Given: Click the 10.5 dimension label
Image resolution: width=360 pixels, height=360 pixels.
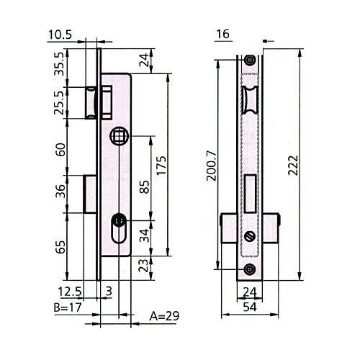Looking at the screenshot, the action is tap(60, 35).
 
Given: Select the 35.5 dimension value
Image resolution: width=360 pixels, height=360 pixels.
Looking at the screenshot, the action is tap(60, 64).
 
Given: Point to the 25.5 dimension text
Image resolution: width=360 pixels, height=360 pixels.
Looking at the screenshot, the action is tap(60, 102).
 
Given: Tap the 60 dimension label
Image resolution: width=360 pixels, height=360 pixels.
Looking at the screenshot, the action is tap(60, 150).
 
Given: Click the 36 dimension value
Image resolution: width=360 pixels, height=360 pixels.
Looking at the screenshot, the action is tap(60, 191).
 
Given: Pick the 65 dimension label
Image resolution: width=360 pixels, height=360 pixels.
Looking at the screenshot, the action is tap(60, 247).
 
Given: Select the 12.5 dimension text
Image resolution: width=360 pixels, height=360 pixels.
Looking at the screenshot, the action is tap(70, 292).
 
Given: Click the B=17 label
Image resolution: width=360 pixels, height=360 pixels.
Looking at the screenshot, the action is tap(68, 307).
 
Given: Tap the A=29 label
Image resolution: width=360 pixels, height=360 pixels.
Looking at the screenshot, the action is tap(164, 316).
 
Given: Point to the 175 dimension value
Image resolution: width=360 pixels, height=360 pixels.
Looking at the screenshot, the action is tap(161, 166).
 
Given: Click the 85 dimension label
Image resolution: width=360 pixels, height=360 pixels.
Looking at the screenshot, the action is tap(144, 187).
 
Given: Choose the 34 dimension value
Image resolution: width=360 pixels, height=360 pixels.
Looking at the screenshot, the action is tap(144, 235).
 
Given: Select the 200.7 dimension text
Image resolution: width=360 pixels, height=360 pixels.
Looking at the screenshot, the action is tap(212, 166).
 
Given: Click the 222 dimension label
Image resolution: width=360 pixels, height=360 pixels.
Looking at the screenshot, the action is tap(293, 166).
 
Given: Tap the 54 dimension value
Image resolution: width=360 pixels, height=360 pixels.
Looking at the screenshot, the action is tap(250, 307).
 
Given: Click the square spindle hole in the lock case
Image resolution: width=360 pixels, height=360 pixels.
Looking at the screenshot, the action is tap(119, 136).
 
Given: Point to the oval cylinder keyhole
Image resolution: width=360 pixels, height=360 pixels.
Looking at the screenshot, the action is tap(119, 228).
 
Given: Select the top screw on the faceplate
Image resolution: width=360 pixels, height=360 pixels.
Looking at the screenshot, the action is tap(250, 59).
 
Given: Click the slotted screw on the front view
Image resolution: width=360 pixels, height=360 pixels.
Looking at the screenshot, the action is tap(250, 236).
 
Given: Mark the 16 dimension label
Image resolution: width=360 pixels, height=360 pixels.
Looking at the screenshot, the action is tap(223, 34).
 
